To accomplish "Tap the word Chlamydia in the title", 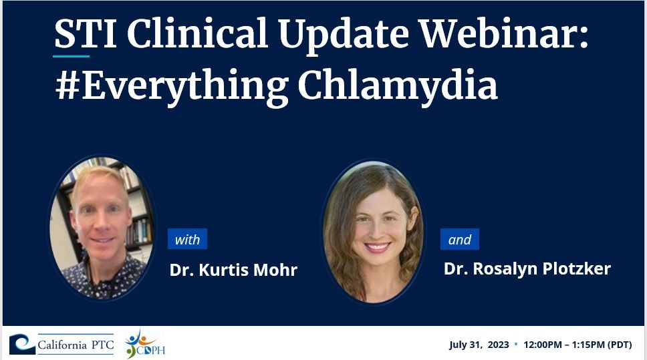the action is click(x=398, y=85).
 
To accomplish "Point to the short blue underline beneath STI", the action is click(x=71, y=56).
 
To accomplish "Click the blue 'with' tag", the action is click(x=187, y=239).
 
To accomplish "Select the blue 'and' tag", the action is click(x=460, y=239).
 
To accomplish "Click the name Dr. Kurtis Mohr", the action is click(x=233, y=270).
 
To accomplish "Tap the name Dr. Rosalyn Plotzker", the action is click(x=527, y=268).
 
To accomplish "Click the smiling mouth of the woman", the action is click(x=377, y=247).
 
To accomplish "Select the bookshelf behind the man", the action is click(x=134, y=206).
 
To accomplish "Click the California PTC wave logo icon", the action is click(x=22, y=345).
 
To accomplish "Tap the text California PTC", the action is click(x=76, y=345).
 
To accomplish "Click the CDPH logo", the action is click(x=144, y=345).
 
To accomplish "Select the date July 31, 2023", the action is click(x=479, y=345).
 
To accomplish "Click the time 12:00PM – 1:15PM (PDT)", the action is click(x=577, y=345).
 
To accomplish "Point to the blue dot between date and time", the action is click(x=516, y=343).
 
